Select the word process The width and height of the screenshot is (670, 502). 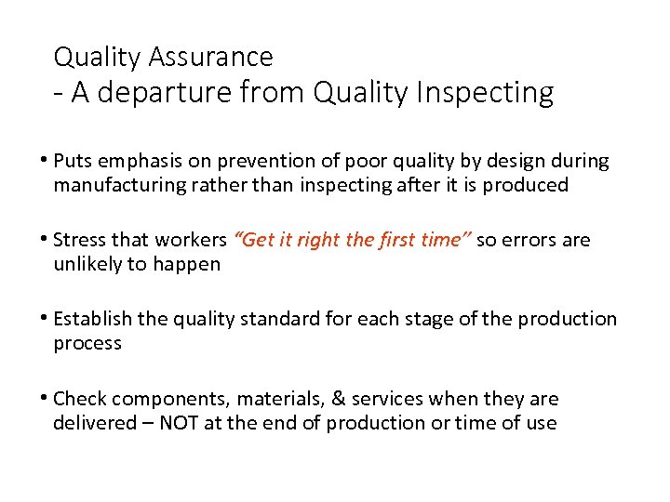(87, 343)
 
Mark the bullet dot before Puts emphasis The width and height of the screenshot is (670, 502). (46, 160)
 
